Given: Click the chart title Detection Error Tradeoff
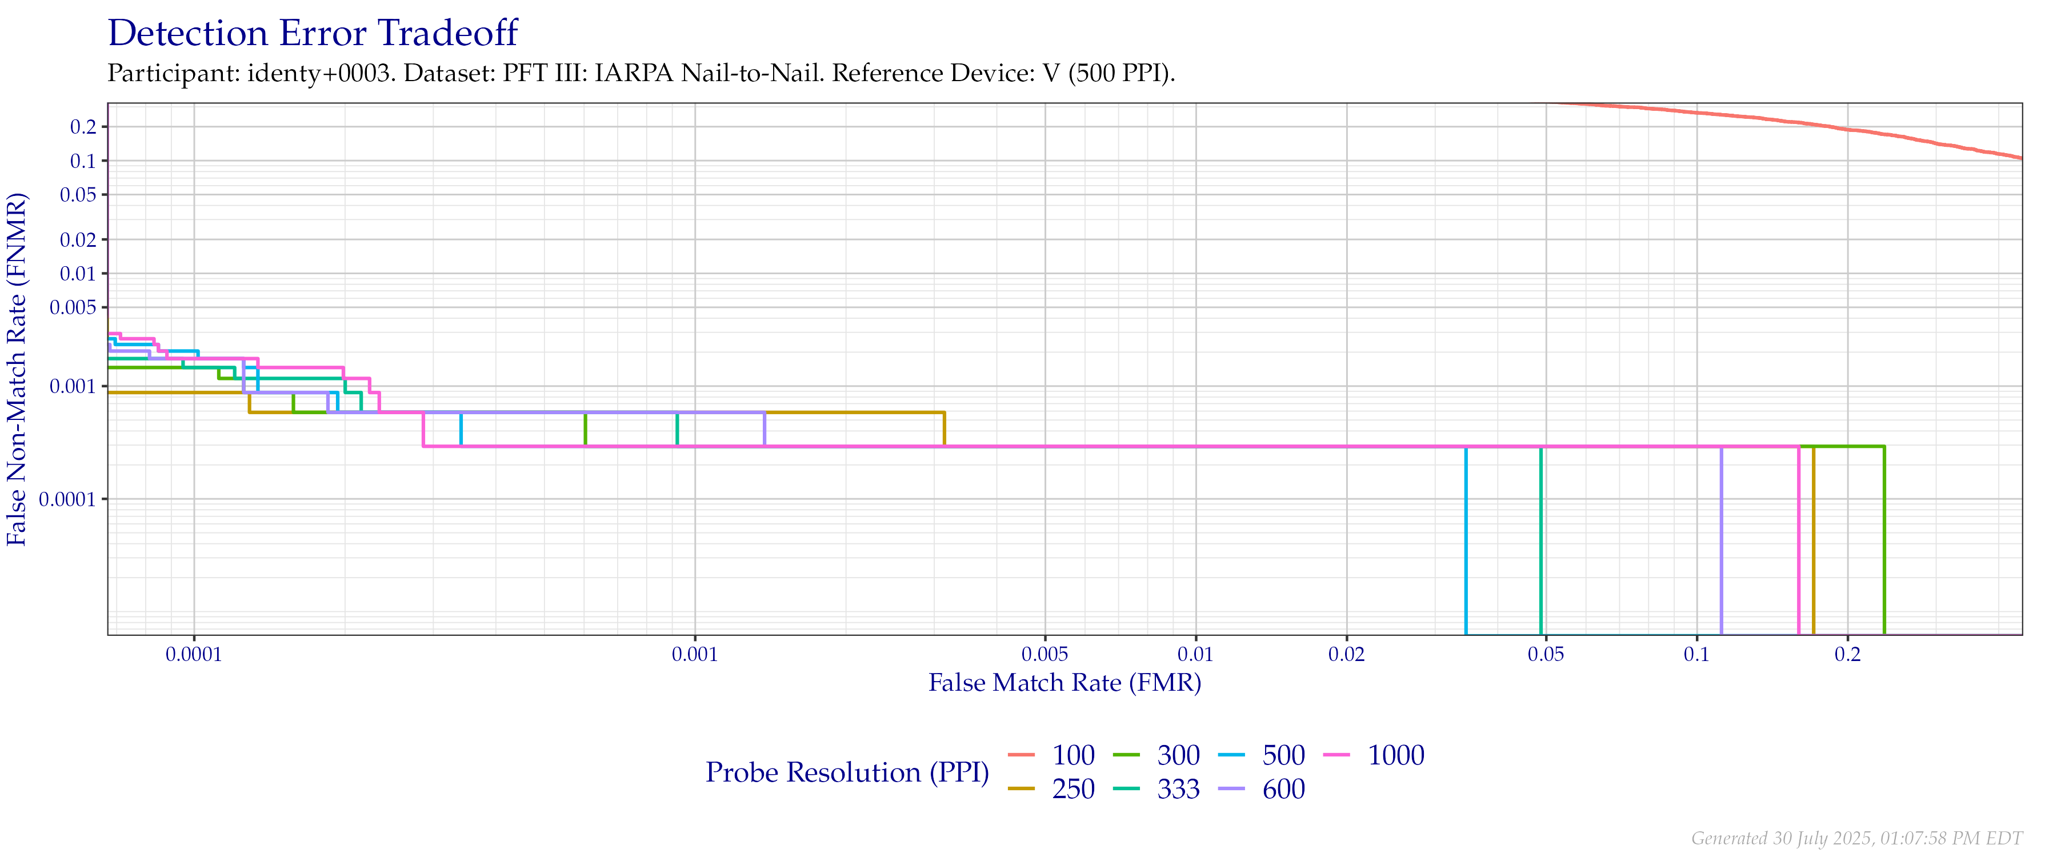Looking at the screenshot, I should tap(313, 34).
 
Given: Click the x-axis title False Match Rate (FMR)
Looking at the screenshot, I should tap(1064, 683).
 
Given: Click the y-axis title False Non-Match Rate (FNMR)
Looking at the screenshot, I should tap(18, 369).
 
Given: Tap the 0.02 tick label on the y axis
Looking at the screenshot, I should tap(78, 239).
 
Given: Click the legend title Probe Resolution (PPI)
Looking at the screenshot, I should tap(847, 772).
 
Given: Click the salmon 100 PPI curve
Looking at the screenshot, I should tap(1836, 128).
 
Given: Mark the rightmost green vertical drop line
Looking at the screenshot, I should tap(1884, 543).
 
